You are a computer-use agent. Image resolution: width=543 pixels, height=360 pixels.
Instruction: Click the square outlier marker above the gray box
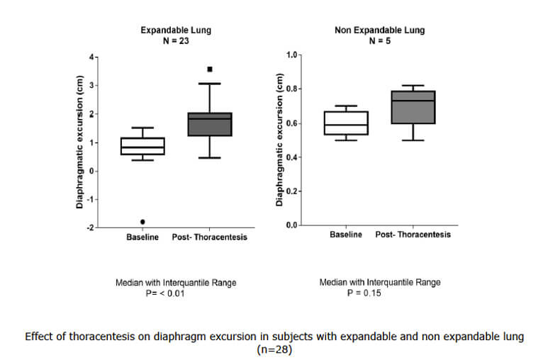[x=210, y=69]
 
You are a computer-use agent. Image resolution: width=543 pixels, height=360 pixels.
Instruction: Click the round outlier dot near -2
[x=143, y=222]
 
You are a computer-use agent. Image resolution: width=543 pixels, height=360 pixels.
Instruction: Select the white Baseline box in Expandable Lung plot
[x=143, y=146]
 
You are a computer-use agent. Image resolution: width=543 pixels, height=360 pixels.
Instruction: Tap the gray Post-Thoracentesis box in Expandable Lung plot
[x=210, y=124]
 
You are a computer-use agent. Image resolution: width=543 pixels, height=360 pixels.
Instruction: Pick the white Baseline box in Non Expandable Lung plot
[x=346, y=123]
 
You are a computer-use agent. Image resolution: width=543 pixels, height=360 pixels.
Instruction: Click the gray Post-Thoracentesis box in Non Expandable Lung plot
[x=413, y=107]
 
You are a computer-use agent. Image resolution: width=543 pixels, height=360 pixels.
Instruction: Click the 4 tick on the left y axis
[x=91, y=57]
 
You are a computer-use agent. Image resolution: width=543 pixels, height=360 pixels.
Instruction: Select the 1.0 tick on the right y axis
[x=291, y=55]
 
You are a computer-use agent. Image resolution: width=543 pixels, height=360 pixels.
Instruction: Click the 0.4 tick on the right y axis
[x=291, y=157]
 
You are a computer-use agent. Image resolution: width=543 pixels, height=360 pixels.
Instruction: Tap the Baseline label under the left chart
[x=143, y=237]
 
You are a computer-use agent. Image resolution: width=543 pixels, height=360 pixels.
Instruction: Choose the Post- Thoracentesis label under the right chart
[x=413, y=235]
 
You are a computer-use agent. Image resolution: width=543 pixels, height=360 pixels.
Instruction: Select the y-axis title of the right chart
[x=279, y=140]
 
